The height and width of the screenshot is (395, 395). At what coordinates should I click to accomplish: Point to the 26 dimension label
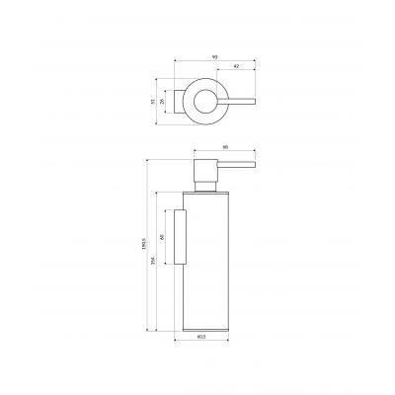point(164,101)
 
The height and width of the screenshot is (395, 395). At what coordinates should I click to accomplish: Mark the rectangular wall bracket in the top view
point(180,101)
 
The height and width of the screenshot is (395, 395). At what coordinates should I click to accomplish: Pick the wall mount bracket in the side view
point(181,238)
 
